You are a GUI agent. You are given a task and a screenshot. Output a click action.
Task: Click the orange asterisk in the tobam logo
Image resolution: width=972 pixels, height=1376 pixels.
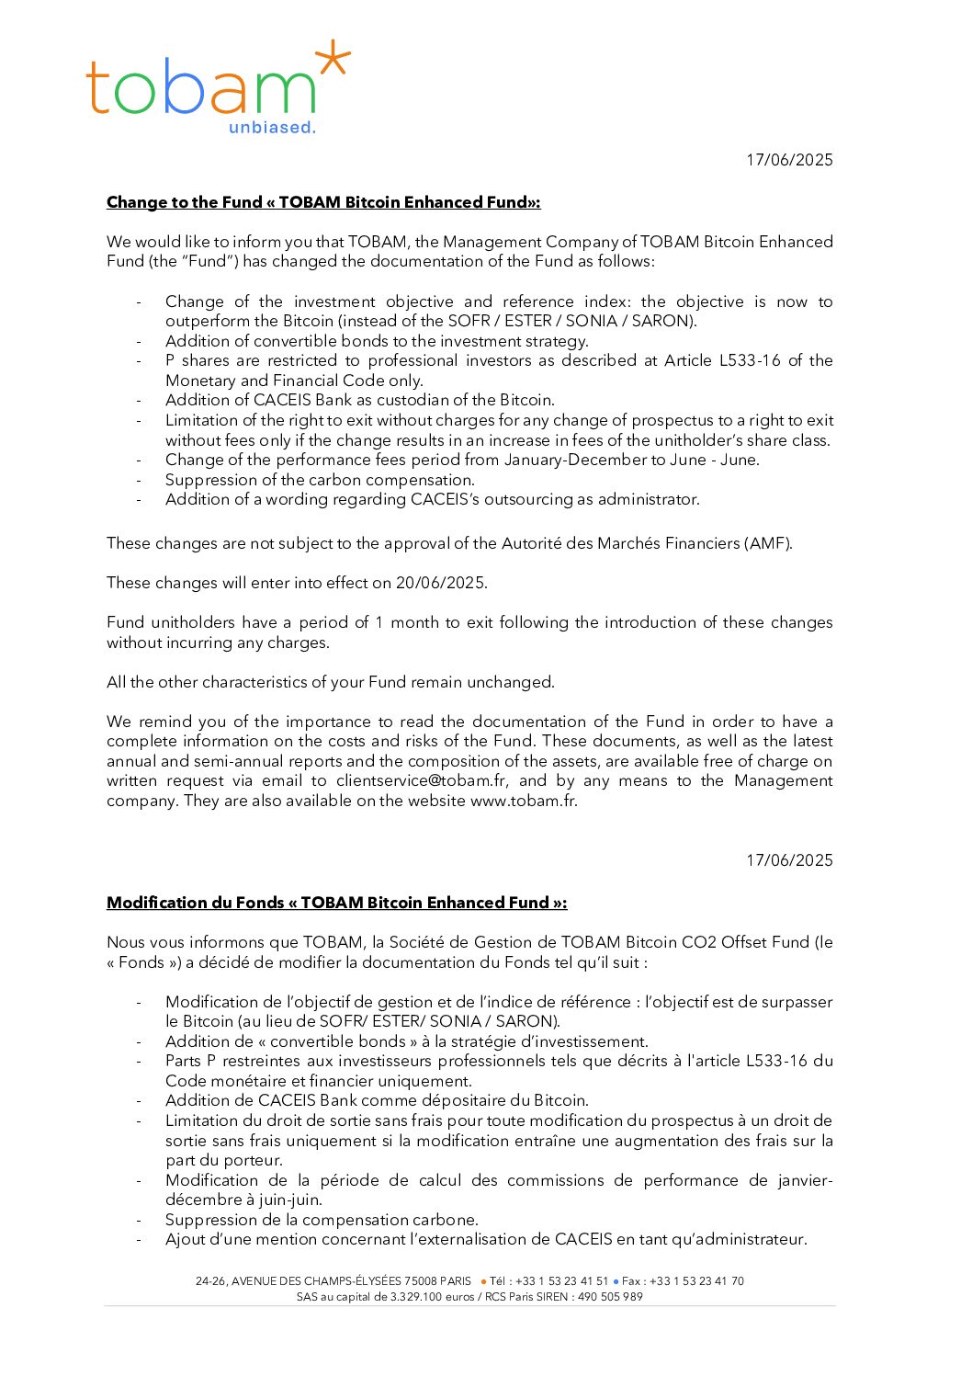(332, 60)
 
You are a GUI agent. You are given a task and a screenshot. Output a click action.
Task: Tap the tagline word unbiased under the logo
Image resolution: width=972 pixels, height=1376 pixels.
(271, 128)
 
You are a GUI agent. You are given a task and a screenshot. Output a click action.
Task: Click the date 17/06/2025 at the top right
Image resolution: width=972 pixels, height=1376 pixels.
(789, 160)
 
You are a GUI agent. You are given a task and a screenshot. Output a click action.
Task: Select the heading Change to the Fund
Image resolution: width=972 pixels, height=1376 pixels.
(323, 202)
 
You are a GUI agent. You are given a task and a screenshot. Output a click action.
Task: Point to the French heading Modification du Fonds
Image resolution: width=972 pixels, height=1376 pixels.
(336, 903)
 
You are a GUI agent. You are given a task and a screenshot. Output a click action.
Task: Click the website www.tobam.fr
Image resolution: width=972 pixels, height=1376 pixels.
(523, 801)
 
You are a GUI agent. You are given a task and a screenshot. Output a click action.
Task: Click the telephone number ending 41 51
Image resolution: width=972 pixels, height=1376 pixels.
(561, 1281)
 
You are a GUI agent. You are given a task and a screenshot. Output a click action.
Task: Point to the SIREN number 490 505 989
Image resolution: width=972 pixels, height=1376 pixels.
(610, 1297)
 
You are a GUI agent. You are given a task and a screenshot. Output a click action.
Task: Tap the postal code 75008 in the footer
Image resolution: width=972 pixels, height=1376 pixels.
(421, 1281)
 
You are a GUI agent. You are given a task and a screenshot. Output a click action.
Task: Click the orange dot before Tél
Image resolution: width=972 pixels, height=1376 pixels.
(483, 1281)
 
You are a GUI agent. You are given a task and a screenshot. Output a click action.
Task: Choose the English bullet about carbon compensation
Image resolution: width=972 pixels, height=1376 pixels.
(320, 480)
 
